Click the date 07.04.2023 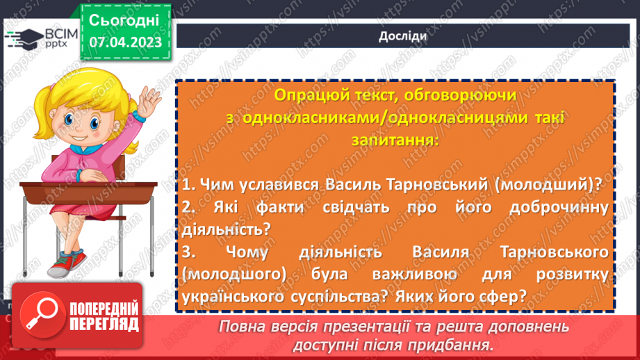(125, 42)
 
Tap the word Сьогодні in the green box (124, 19)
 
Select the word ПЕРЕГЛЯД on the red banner (104, 325)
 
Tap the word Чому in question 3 (257, 251)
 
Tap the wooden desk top (83, 189)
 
